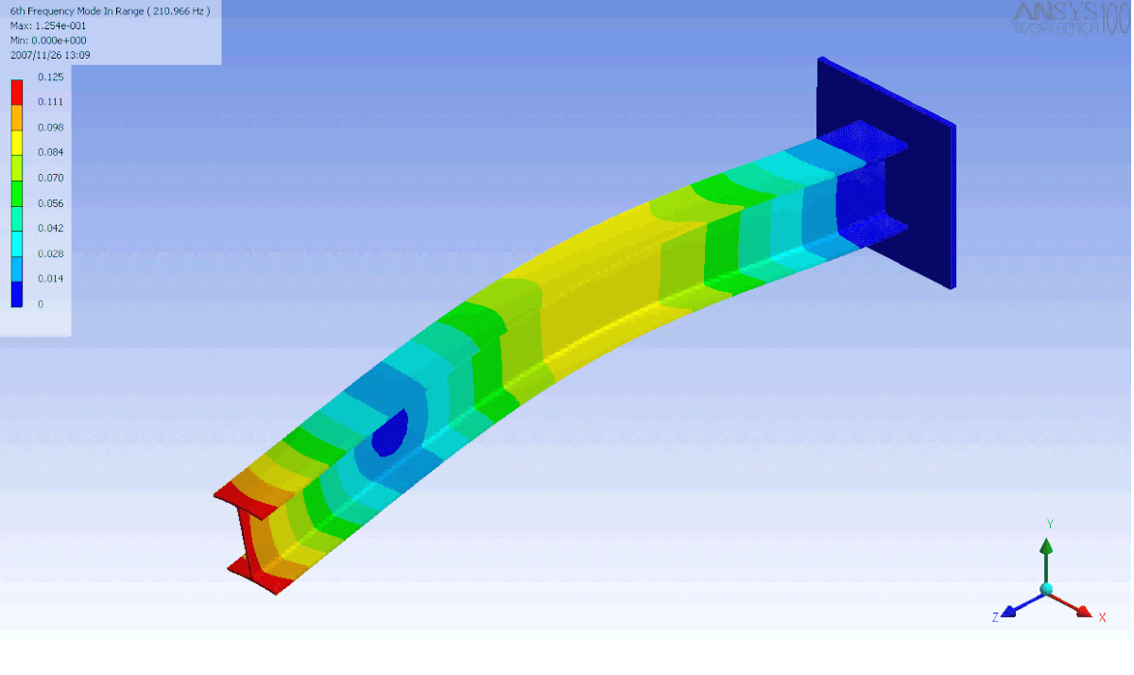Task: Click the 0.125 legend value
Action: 50,77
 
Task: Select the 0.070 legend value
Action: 50,178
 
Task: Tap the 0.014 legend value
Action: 50,279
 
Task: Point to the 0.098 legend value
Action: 50,127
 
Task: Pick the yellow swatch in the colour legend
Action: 16,141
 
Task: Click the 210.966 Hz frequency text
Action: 178,10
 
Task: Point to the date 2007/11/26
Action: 36,56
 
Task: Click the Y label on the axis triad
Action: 1050,524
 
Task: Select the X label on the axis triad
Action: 1102,617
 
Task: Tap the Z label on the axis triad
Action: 995,616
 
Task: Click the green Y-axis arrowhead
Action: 1046,545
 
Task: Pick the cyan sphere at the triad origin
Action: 1046,589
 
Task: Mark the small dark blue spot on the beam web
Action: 389,436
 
